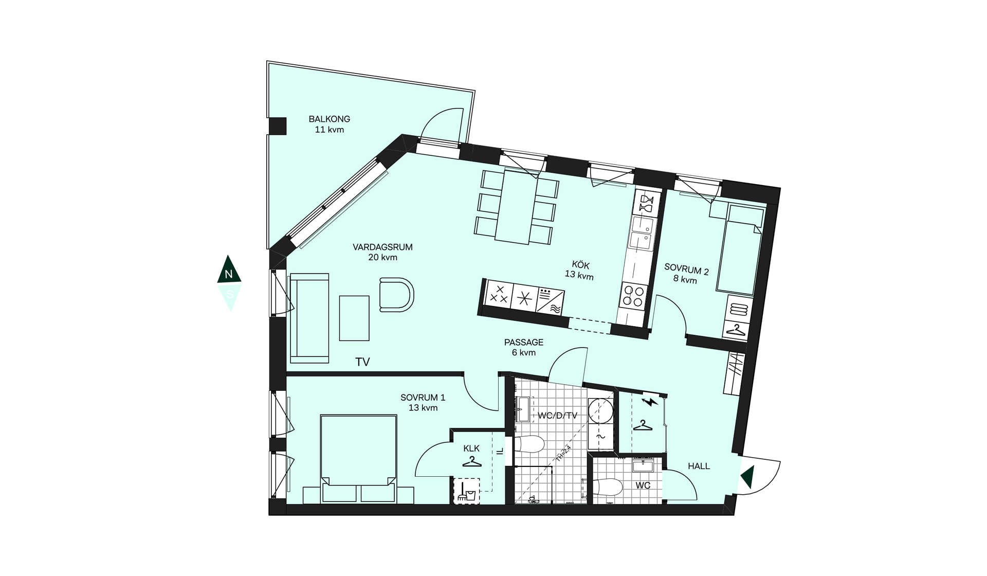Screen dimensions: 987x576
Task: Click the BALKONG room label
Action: point(330,119)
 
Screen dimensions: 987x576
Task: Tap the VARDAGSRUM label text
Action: point(382,247)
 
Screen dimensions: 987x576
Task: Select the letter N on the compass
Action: point(229,275)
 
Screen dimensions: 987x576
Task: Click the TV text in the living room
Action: point(362,362)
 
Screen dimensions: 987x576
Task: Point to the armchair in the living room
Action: point(396,295)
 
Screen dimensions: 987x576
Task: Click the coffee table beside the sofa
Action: point(354,318)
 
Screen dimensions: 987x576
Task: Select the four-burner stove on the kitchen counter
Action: point(633,296)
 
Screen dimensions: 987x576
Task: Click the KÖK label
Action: point(580,265)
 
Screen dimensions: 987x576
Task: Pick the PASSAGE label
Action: point(524,342)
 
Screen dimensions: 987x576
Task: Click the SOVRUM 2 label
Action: point(686,269)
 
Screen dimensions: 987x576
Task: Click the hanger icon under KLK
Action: point(472,462)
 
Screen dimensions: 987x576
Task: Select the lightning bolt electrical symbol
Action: point(650,401)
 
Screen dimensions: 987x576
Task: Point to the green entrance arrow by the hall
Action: point(747,477)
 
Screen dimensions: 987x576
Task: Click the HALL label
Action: point(699,466)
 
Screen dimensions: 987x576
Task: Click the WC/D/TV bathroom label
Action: point(558,416)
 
